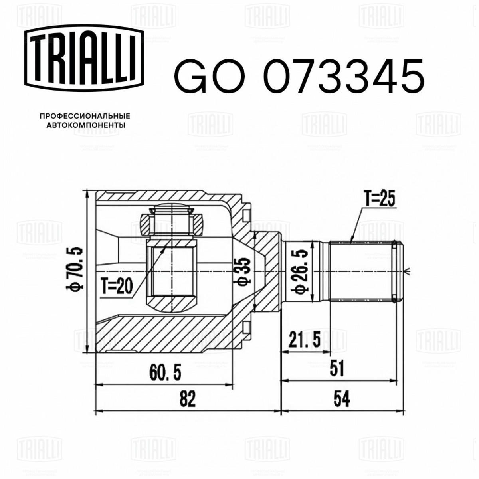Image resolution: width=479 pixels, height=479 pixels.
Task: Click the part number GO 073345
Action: tap(299, 77)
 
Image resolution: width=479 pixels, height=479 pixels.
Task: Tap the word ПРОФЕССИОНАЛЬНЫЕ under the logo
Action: tap(85, 116)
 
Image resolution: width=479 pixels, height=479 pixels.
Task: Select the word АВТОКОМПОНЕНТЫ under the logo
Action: tap(86, 125)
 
